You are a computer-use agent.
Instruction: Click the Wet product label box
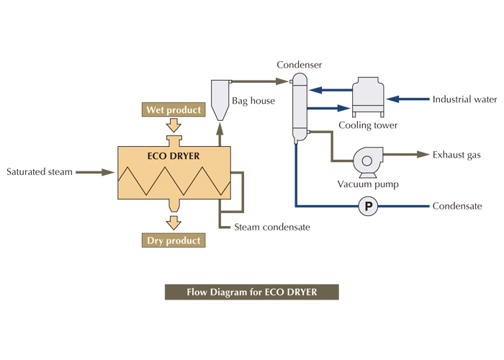click(174, 110)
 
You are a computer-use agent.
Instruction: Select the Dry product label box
click(174, 240)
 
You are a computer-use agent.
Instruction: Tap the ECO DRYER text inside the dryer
click(174, 156)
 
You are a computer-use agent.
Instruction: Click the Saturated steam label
click(40, 172)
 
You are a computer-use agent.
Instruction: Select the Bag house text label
click(253, 101)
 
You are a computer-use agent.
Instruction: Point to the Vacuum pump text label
click(368, 184)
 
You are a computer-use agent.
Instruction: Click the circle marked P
click(369, 207)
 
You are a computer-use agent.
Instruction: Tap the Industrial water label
click(464, 99)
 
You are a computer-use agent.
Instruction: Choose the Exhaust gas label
click(456, 155)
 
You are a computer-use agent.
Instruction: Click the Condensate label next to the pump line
click(457, 207)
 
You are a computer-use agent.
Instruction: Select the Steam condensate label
click(272, 228)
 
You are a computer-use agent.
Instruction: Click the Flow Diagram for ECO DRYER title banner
click(251, 292)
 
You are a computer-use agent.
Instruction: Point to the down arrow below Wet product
click(174, 125)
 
